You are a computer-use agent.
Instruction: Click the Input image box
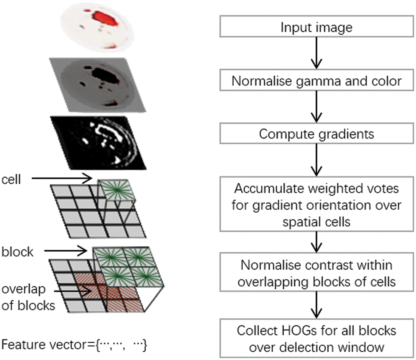pyautogui.click(x=316, y=28)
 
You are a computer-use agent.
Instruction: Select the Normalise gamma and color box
pyautogui.click(x=316, y=81)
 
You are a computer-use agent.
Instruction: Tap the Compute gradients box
pyautogui.click(x=316, y=134)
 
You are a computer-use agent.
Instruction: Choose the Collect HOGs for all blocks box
pyautogui.click(x=316, y=337)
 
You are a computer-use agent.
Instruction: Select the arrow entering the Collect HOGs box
pyautogui.click(x=316, y=306)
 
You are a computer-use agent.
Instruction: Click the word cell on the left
pyautogui.click(x=11, y=179)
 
